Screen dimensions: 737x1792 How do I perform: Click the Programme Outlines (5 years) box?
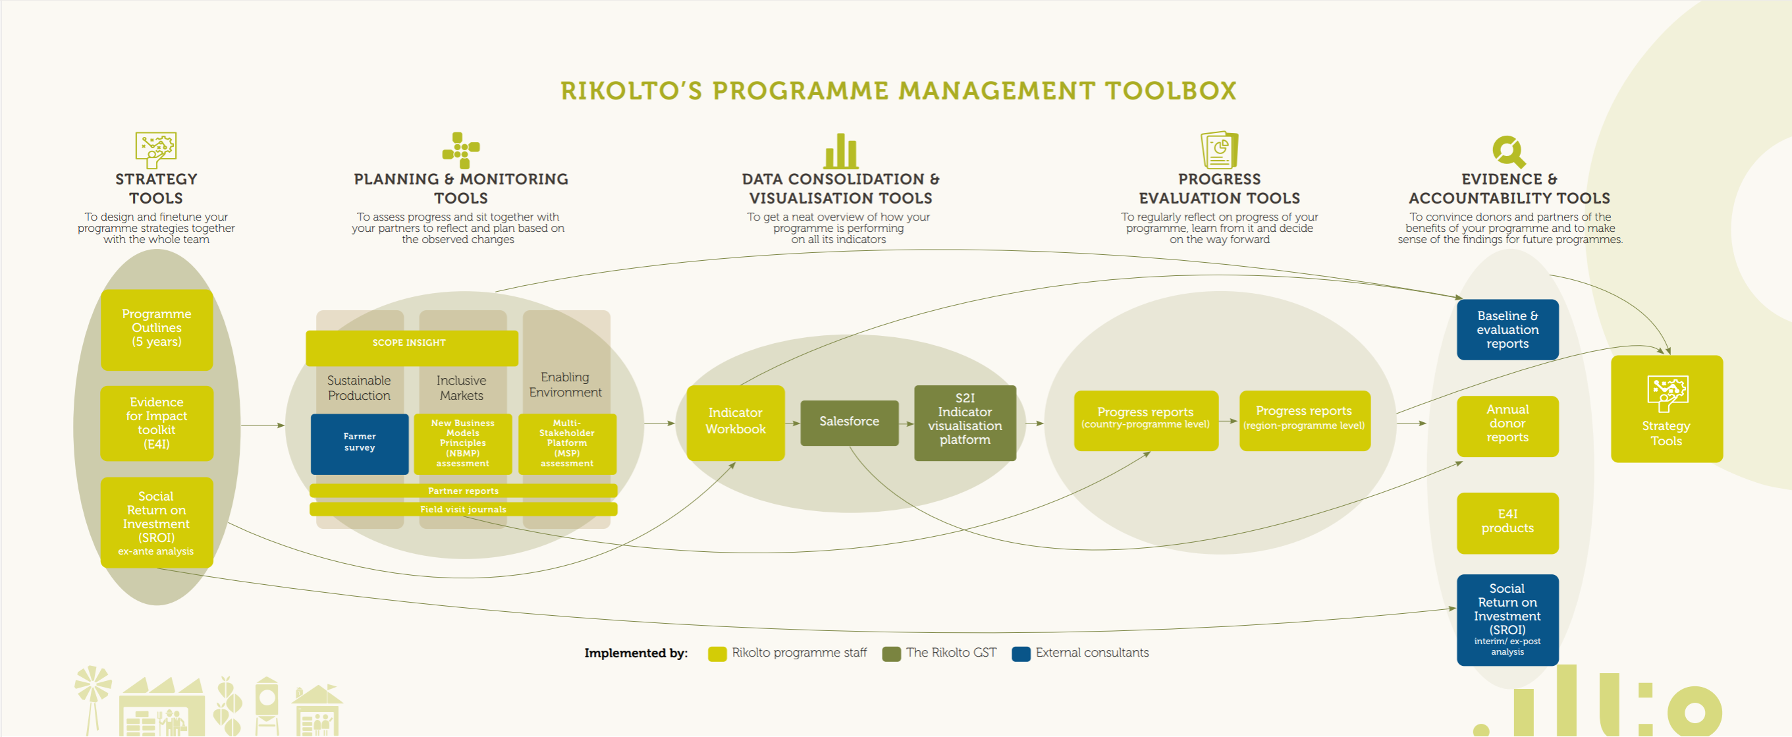pyautogui.click(x=157, y=329)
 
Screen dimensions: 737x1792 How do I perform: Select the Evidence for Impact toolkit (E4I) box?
pyautogui.click(x=157, y=423)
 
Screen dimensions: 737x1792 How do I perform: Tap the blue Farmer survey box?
pyautogui.click(x=359, y=443)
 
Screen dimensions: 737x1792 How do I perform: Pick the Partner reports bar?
pyautogui.click(x=462, y=491)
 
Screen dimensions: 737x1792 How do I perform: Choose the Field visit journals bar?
pyautogui.click(x=462, y=509)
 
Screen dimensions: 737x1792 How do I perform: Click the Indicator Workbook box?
pyautogui.click(x=735, y=422)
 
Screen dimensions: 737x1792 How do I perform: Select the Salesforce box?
pyautogui.click(x=849, y=422)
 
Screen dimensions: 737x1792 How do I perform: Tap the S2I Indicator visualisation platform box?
pyautogui.click(x=964, y=422)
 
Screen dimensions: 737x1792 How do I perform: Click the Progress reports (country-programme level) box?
pyautogui.click(x=1145, y=420)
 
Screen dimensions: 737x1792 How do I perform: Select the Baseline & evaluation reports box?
pyautogui.click(x=1507, y=330)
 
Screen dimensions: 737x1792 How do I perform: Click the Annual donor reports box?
pyautogui.click(x=1507, y=425)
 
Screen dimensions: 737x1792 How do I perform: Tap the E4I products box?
pyautogui.click(x=1507, y=522)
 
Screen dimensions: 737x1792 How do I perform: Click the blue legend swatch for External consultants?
pyautogui.click(x=1021, y=653)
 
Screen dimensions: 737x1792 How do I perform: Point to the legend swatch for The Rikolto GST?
pyautogui.click(x=890, y=653)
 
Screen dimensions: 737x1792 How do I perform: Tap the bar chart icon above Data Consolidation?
pyautogui.click(x=840, y=151)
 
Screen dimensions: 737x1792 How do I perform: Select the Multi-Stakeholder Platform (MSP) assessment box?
pyautogui.click(x=567, y=443)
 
